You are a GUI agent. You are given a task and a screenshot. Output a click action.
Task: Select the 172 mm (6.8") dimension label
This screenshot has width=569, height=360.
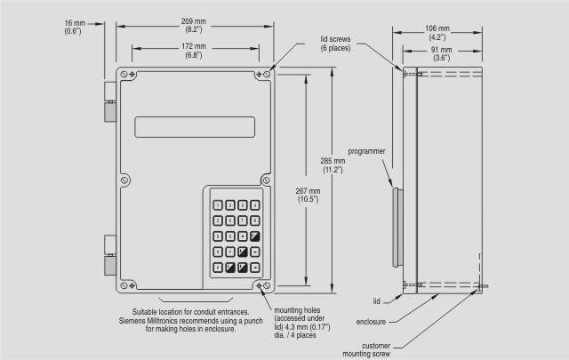click(195, 51)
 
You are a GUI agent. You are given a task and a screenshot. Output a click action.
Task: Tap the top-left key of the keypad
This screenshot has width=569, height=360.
click(218, 205)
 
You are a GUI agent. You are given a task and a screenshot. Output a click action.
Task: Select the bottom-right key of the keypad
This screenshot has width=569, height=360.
click(255, 266)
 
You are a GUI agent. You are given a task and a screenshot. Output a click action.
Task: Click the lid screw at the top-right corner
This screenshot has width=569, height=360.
click(268, 75)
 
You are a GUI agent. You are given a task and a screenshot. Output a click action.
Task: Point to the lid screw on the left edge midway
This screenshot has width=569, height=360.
click(124, 179)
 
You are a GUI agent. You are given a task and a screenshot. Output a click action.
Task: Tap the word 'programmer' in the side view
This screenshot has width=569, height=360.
click(366, 152)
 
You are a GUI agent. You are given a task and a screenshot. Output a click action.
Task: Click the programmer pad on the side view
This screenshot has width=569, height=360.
click(396, 224)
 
